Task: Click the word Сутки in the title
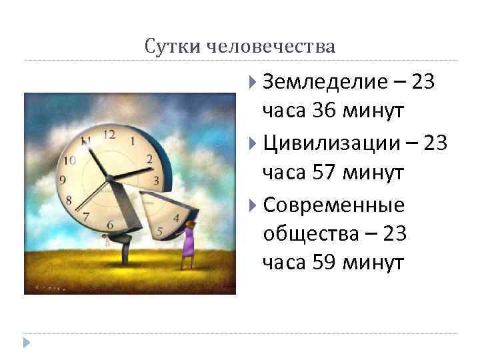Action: pyautogui.click(x=165, y=47)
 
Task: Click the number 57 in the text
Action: pyautogui.click(x=323, y=173)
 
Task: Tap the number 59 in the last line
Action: pyautogui.click(x=323, y=264)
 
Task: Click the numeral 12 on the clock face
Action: pyautogui.click(x=109, y=135)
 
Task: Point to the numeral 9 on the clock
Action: pyautogui.click(x=63, y=179)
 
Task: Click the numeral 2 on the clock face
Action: pyautogui.click(x=149, y=159)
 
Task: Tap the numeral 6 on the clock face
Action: pyautogui.click(x=109, y=224)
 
